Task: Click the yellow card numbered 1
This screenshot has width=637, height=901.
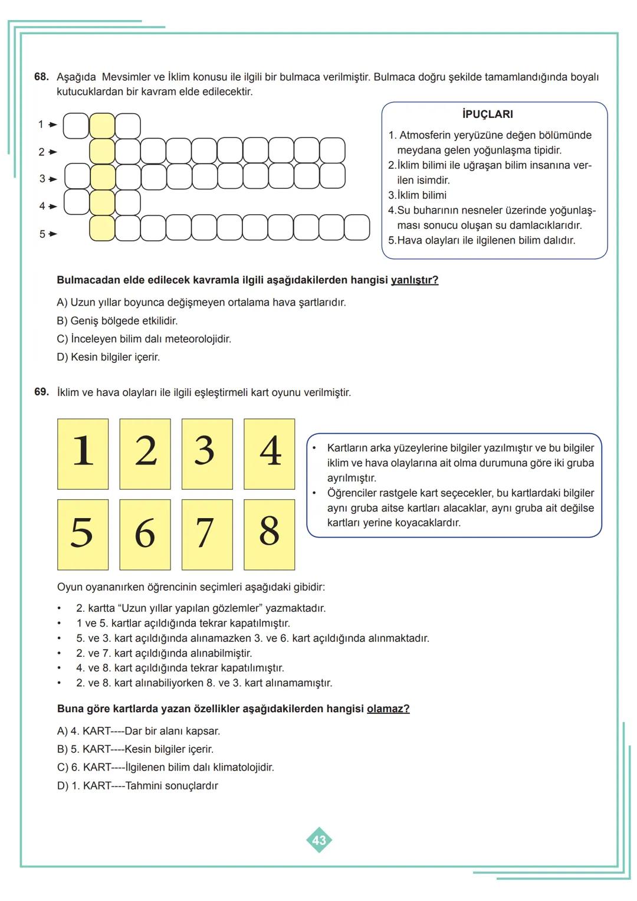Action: (x=83, y=454)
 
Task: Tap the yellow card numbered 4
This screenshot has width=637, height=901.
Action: (x=269, y=454)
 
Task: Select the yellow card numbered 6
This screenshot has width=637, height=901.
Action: (x=145, y=535)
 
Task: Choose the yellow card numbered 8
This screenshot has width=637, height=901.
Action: (x=269, y=535)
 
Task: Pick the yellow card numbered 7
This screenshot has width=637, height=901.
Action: (x=207, y=535)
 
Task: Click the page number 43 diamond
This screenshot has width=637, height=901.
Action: (x=319, y=840)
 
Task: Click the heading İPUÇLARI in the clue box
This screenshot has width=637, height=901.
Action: (x=487, y=114)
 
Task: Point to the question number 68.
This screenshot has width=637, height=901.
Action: (x=41, y=77)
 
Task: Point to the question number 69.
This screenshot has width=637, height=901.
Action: (x=41, y=392)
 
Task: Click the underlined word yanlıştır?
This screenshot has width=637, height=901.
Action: (x=414, y=280)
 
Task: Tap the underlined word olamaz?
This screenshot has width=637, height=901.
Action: (x=388, y=709)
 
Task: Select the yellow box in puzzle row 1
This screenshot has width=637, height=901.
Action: (x=102, y=126)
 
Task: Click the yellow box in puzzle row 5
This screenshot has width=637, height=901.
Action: (x=102, y=228)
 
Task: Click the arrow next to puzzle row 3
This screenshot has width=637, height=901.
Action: (x=53, y=179)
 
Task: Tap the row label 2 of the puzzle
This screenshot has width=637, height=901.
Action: (x=41, y=152)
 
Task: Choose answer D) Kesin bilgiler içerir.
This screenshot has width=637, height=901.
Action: (x=109, y=358)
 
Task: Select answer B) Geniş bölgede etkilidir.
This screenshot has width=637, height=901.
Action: (x=117, y=321)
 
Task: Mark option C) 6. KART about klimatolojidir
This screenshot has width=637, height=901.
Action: (x=166, y=768)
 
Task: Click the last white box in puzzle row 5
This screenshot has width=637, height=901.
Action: (x=357, y=228)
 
